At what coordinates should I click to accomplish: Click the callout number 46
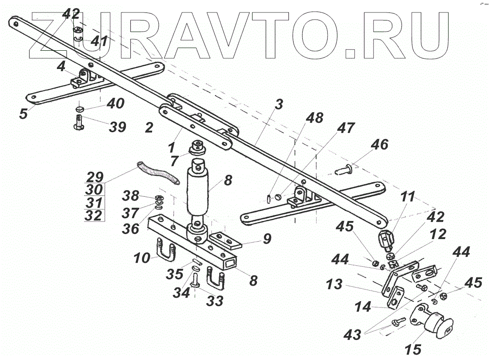pos(380,145)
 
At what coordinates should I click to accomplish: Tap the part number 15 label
pos(413,349)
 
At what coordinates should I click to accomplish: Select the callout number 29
pos(94,176)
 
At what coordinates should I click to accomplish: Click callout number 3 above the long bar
pos(278,105)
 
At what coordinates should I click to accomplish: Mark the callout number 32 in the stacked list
pos(94,216)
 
